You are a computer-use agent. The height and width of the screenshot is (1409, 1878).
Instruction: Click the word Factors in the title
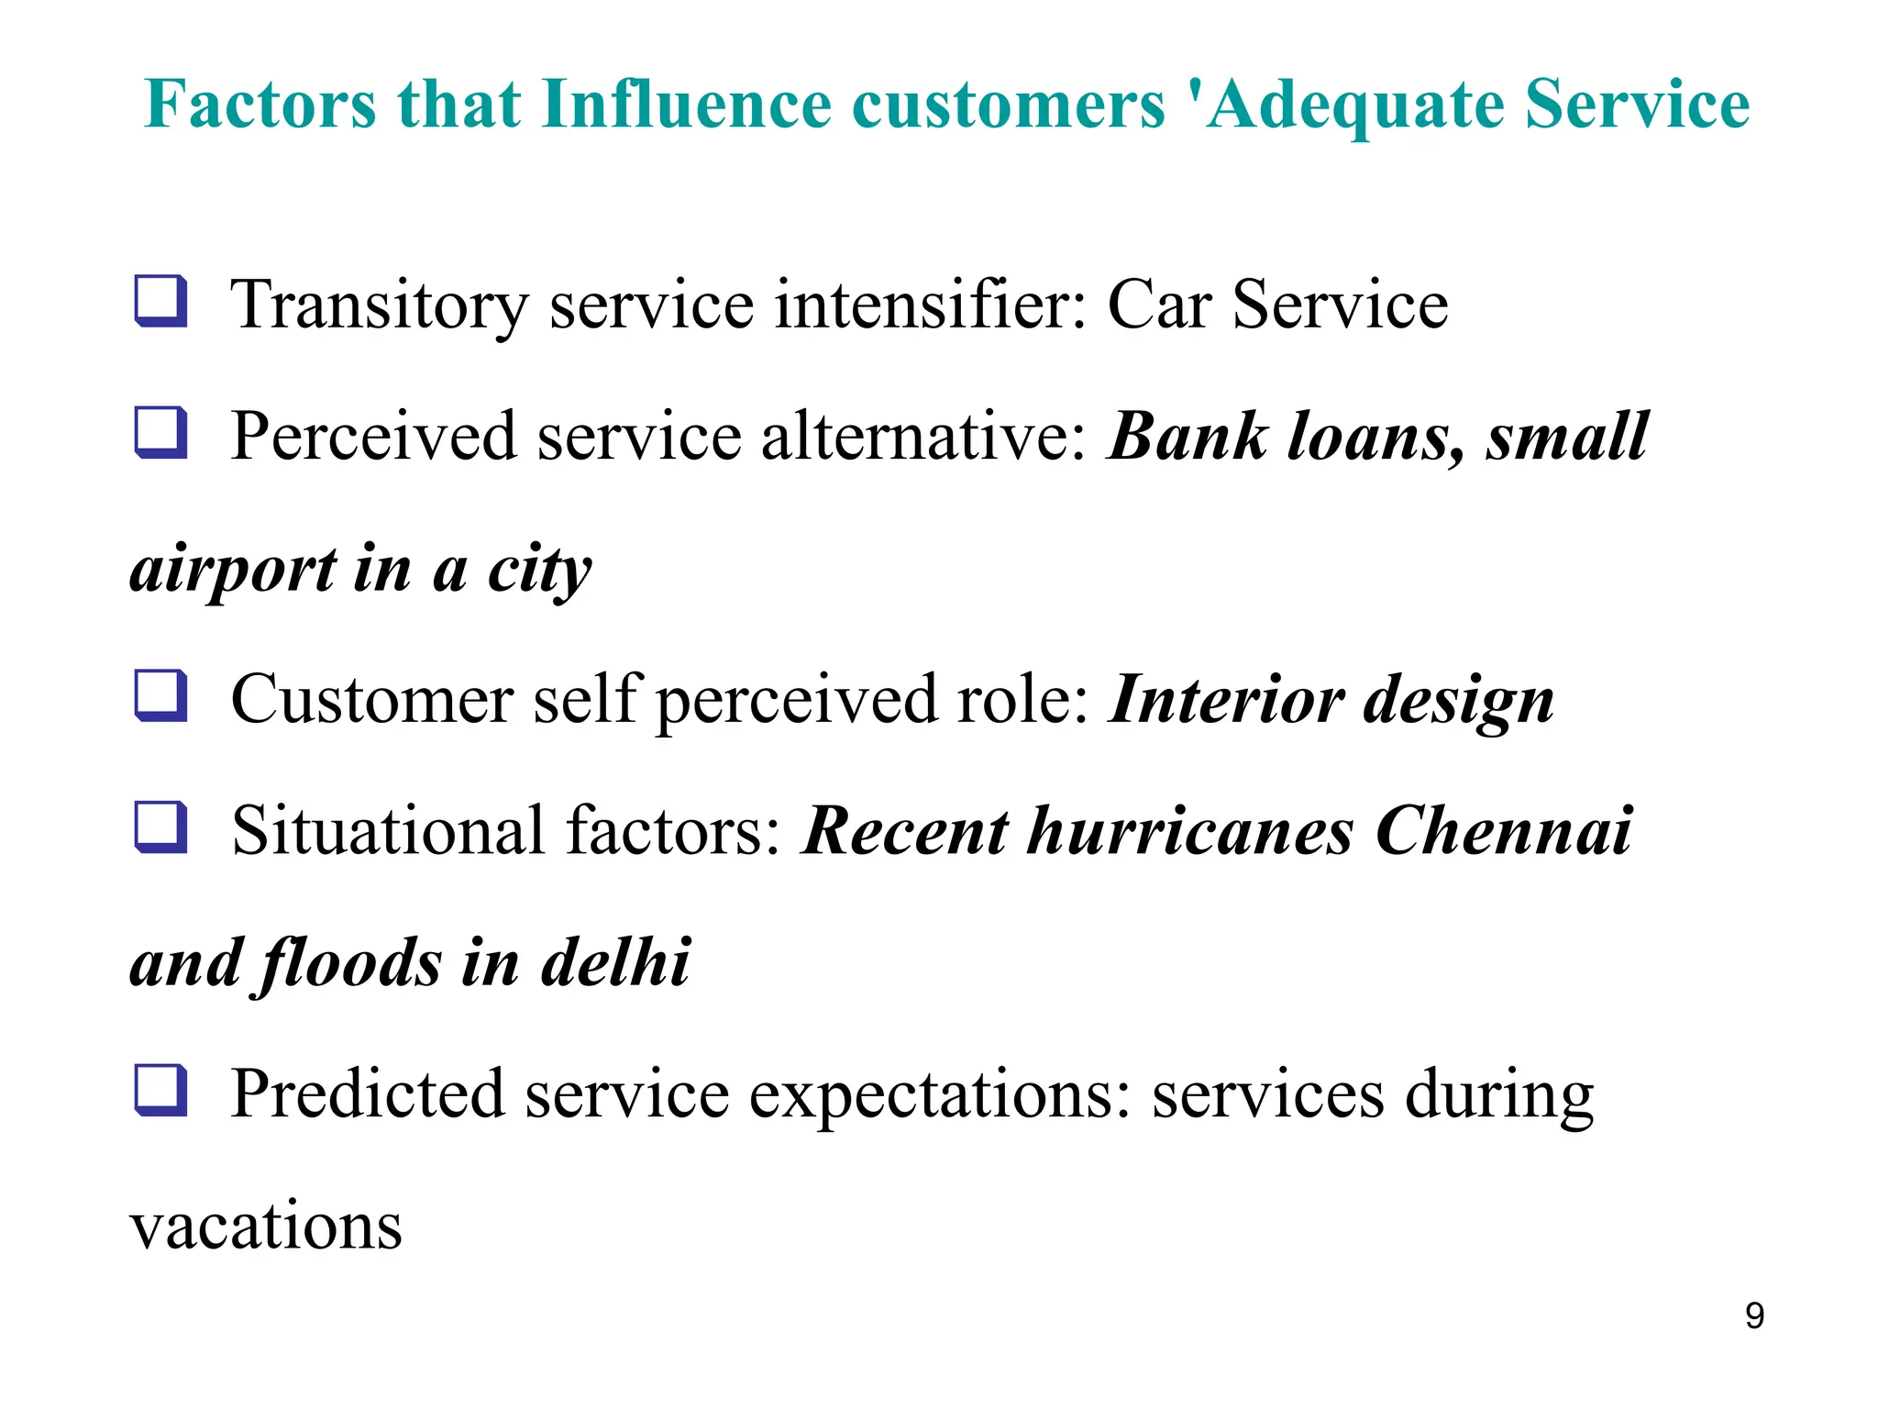point(260,105)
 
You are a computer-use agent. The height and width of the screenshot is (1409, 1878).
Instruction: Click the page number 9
point(1754,1316)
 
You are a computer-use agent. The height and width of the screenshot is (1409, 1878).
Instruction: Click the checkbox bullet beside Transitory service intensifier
point(161,301)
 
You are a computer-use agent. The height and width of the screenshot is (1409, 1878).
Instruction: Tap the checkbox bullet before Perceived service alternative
point(161,432)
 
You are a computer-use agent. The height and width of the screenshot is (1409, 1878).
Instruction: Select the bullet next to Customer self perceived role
point(161,695)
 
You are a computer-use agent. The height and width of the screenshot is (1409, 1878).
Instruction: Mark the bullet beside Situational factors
point(161,827)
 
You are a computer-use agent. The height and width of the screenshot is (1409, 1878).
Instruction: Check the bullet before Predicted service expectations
point(161,1091)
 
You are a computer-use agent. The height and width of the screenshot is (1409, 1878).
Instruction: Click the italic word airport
point(233,571)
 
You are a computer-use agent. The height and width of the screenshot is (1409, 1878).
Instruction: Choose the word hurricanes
point(1189,831)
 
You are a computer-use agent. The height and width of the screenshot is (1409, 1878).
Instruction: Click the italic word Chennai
point(1504,831)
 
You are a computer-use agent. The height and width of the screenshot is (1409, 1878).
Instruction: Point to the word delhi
point(615,963)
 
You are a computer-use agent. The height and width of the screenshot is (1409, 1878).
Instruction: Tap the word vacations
point(266,1226)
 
